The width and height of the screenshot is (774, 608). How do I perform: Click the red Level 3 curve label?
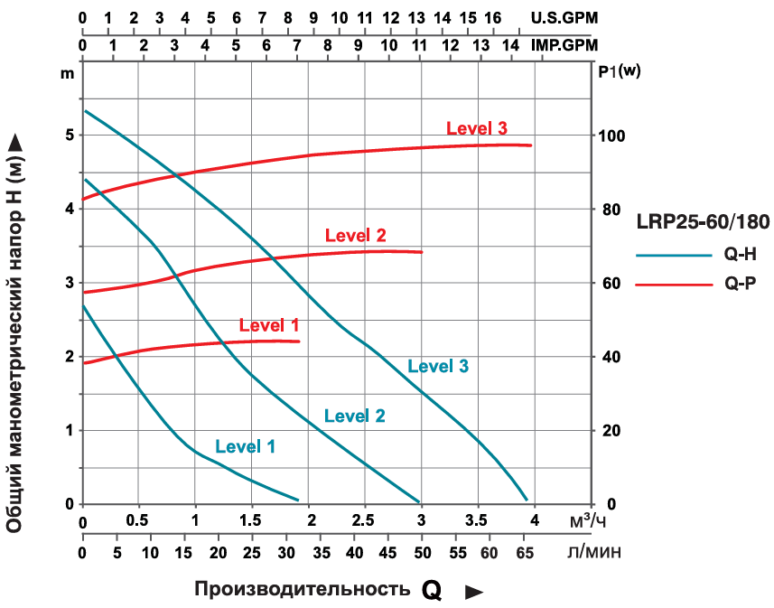[x=478, y=127]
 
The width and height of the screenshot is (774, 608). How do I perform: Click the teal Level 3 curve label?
[x=438, y=366]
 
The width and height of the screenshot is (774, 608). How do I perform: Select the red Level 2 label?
[x=356, y=236]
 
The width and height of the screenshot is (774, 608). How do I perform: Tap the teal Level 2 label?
[x=355, y=416]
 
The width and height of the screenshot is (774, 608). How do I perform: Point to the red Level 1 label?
[x=269, y=324]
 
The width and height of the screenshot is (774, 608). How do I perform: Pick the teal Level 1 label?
[x=246, y=446]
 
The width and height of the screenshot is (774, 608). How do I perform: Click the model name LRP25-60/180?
[x=702, y=220]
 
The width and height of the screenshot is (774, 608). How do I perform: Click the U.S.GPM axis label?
[x=564, y=17]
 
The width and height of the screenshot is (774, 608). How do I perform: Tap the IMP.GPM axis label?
[x=564, y=43]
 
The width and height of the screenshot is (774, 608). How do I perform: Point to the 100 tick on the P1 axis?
[x=613, y=136]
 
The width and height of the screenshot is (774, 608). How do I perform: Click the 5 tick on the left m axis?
[x=69, y=136]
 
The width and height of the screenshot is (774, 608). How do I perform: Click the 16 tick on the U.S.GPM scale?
[x=493, y=17]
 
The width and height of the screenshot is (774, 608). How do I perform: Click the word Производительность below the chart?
[x=301, y=589]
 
